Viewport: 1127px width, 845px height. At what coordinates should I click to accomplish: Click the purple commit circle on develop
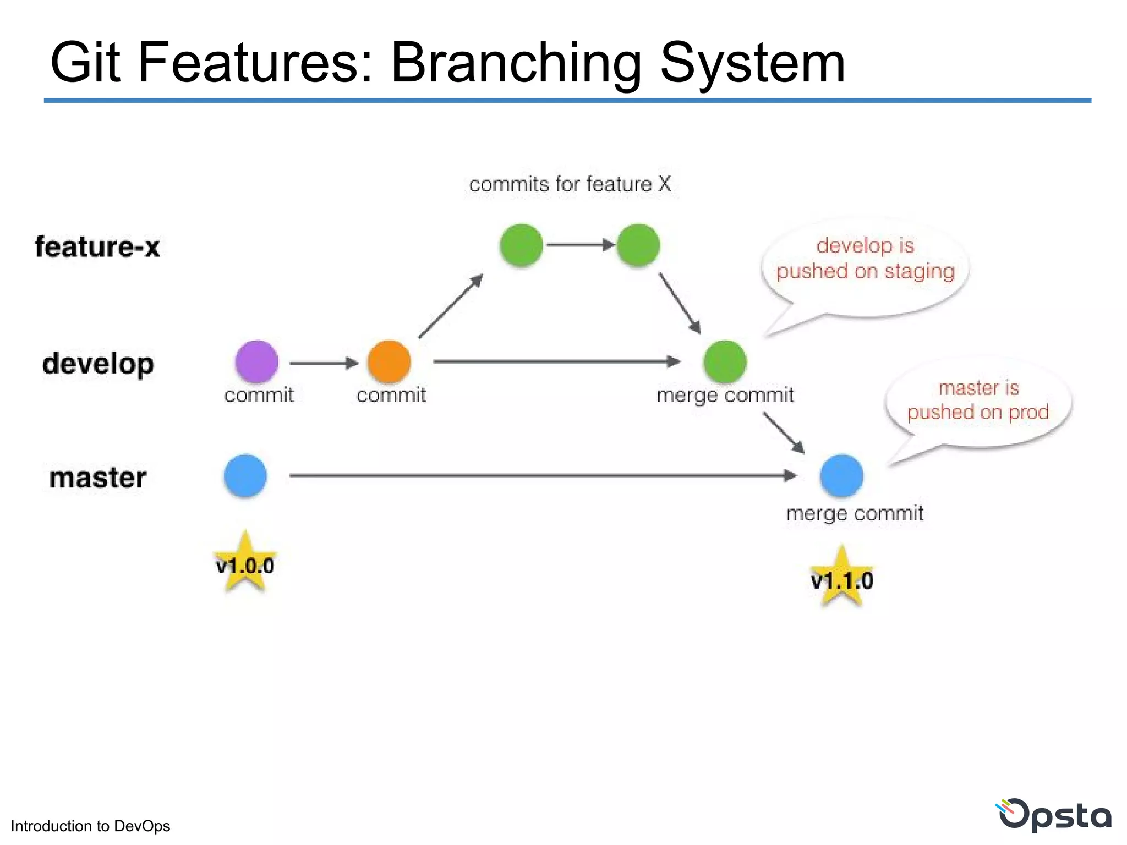tap(256, 361)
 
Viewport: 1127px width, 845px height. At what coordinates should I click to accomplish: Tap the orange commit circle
tap(389, 361)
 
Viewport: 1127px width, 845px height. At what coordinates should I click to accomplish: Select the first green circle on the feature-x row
tap(521, 245)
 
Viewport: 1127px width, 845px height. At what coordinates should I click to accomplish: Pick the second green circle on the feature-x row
tap(638, 245)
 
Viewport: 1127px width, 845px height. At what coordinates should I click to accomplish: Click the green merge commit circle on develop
tap(725, 361)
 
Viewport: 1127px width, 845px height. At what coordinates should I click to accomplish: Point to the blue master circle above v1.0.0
tap(245, 476)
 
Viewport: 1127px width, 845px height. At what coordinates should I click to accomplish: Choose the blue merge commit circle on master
tap(841, 476)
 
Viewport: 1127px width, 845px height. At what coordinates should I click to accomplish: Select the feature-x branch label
tap(97, 246)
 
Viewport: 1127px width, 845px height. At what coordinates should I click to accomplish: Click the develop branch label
tap(98, 364)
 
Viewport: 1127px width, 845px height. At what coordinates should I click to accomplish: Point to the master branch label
tap(98, 478)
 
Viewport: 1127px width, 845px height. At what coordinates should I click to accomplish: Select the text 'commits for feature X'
tap(570, 184)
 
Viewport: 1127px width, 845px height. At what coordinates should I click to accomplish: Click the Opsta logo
tap(1054, 815)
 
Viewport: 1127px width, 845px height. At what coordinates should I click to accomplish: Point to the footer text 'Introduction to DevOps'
tap(90, 826)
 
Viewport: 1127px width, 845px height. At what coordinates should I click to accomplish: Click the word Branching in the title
tap(516, 63)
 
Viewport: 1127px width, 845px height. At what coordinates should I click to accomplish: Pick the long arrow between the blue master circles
tap(542, 475)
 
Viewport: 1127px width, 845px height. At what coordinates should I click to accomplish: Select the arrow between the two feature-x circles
tap(580, 245)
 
